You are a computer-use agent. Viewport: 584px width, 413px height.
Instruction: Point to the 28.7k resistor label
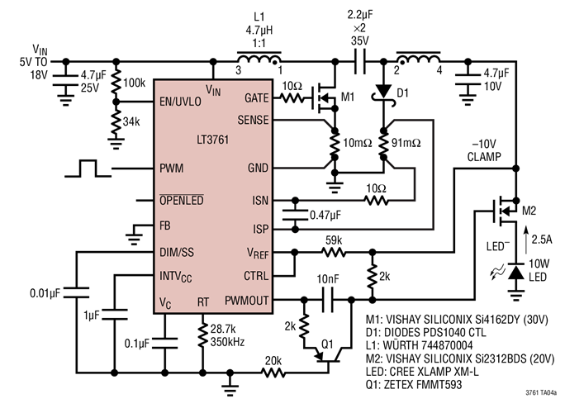coord(224,329)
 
